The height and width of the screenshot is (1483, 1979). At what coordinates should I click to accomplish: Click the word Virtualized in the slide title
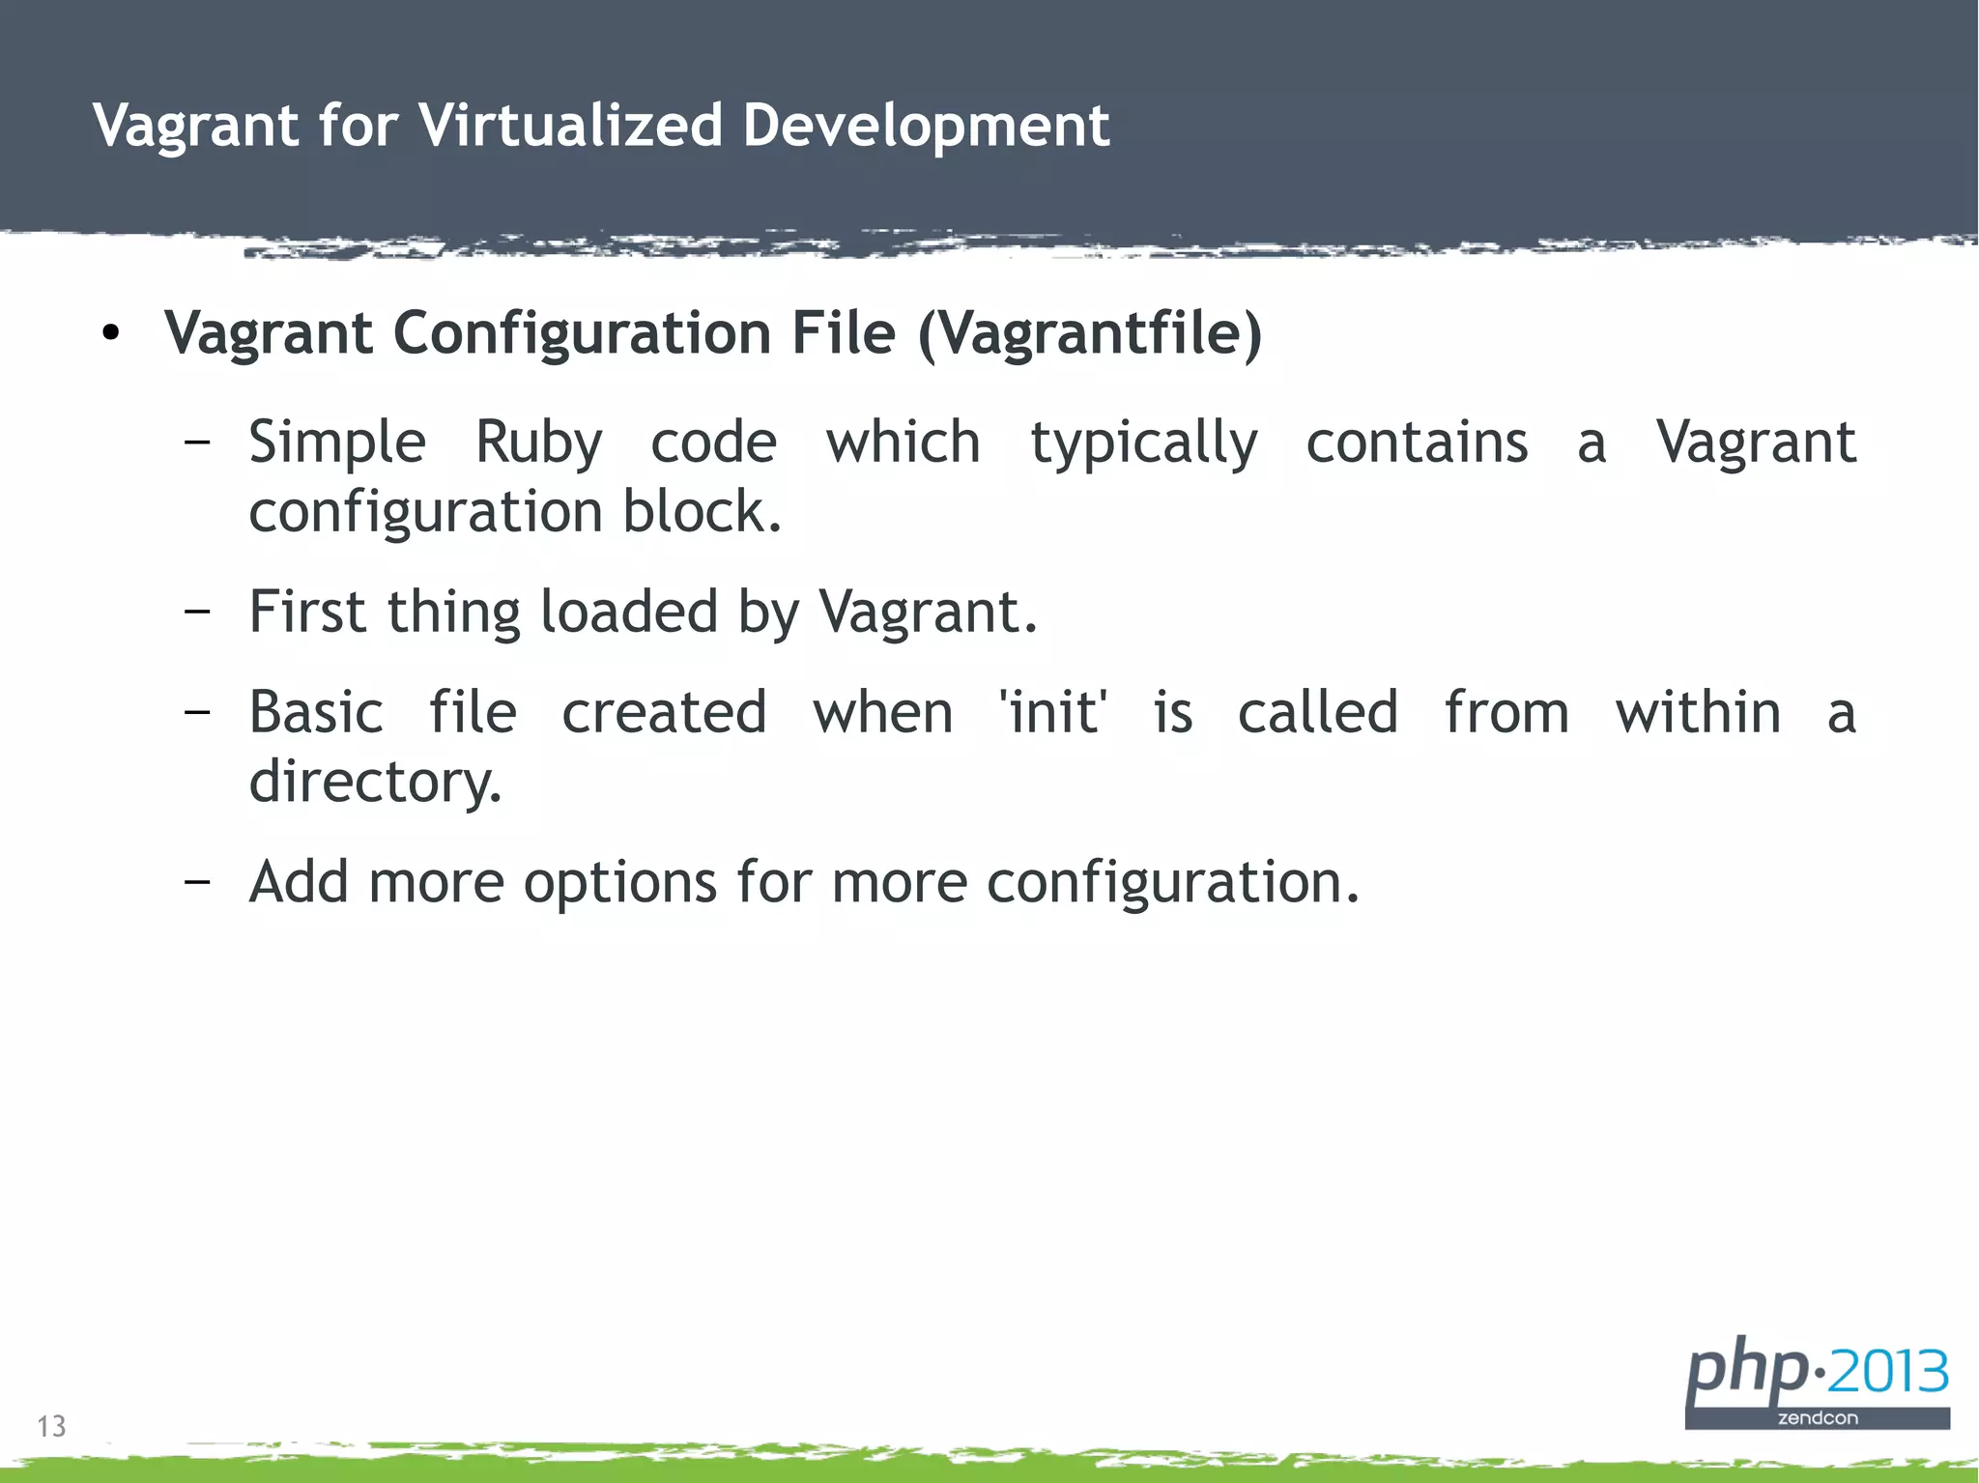coord(570,126)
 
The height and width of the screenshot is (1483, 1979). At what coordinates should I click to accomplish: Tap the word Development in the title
coord(926,126)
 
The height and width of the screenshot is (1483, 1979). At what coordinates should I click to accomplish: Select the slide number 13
coord(51,1426)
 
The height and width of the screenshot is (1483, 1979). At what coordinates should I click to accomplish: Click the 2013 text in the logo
coord(1889,1372)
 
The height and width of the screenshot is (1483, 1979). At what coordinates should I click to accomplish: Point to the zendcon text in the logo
coord(1818,1418)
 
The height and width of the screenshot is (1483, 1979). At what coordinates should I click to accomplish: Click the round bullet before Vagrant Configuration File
coord(111,334)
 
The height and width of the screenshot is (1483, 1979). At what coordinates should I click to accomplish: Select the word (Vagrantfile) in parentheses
coord(1090,334)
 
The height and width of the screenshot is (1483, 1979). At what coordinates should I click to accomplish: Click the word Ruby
coord(538,443)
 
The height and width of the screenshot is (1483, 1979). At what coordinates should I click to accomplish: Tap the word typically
coord(1143,443)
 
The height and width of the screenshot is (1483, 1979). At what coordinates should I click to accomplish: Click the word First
coord(306,612)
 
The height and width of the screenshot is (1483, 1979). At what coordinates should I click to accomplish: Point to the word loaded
coord(628,612)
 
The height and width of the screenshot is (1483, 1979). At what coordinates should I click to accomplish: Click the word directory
coord(375,782)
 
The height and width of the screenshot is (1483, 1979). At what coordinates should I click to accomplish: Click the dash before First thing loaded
coord(197,612)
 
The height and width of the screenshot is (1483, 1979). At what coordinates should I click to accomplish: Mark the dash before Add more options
coord(197,882)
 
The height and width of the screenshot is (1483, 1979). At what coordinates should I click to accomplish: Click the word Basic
coord(316,713)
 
